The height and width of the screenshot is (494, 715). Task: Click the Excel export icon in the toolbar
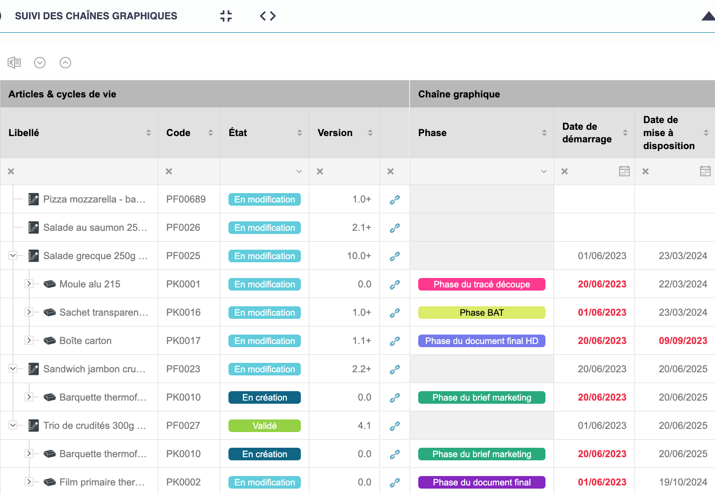(14, 62)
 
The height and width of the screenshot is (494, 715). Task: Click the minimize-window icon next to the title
(226, 16)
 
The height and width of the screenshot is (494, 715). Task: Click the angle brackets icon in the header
(268, 16)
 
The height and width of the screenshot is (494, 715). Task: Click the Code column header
(179, 133)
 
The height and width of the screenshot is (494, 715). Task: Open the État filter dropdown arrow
(299, 172)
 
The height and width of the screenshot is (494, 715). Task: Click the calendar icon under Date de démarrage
(624, 171)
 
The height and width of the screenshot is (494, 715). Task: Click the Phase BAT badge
(482, 313)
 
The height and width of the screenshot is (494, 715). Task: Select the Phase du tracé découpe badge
(482, 284)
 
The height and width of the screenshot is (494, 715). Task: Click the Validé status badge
(264, 426)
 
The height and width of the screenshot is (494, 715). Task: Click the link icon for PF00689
(395, 200)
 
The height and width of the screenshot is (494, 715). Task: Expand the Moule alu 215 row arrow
(29, 284)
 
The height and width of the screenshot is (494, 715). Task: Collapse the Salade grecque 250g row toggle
(13, 256)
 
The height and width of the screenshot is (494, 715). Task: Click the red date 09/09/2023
(683, 341)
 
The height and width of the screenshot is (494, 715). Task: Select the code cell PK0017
(183, 341)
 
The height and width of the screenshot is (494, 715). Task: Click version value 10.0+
(359, 256)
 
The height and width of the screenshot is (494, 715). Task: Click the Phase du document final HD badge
(482, 341)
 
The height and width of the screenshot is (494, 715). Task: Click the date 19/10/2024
(683, 482)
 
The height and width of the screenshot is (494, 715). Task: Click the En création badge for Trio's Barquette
(264, 454)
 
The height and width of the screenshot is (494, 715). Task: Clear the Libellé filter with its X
(11, 172)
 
